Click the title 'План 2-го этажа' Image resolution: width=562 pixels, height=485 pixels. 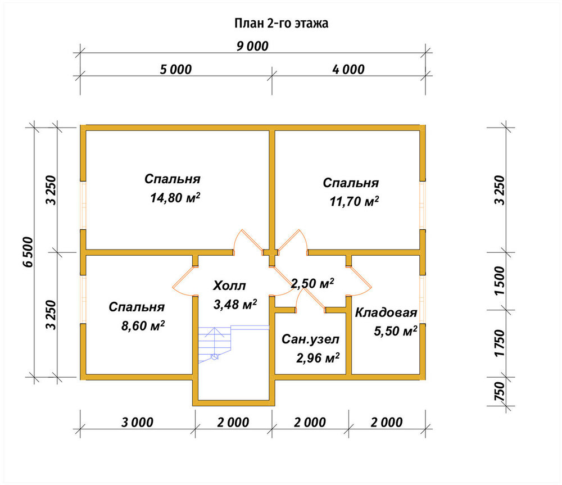(282, 23)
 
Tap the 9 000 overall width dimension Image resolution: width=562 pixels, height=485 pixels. (252, 46)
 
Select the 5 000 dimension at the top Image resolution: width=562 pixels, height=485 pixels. (175, 69)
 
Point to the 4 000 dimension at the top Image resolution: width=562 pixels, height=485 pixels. (348, 69)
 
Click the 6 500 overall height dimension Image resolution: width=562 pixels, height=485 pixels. (28, 252)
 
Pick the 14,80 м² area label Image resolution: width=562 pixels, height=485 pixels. (175, 197)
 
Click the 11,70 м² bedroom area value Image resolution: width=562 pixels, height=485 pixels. (354, 201)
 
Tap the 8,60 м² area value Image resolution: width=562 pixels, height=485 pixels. (143, 326)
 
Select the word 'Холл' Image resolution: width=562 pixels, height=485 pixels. (229, 285)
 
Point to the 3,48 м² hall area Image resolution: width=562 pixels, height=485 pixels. (235, 305)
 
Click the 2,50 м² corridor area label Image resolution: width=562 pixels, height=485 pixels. (312, 283)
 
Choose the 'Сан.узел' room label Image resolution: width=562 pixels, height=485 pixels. (310, 339)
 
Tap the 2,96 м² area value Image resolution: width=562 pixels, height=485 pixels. (318, 358)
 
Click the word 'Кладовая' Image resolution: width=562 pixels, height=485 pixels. (386, 312)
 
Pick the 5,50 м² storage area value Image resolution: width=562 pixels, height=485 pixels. (395, 331)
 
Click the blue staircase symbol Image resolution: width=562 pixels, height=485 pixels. (233, 344)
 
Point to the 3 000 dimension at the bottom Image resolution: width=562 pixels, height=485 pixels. (137, 422)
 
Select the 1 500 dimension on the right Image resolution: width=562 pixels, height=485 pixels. (499, 280)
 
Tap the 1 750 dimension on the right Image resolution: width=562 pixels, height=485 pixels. (499, 343)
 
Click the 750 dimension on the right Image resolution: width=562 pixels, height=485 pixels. (499, 392)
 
